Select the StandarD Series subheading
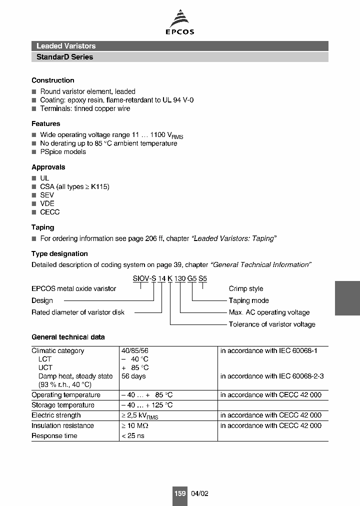(65, 57)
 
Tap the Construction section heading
(53, 80)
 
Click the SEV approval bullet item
(47, 195)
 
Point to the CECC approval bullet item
(50, 212)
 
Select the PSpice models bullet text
(63, 152)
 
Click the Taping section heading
(42, 227)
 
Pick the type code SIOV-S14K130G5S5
(170, 279)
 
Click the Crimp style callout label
(246, 288)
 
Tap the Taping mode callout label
(248, 300)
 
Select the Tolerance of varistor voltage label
(272, 324)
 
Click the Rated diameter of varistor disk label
(78, 312)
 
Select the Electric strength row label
(56, 415)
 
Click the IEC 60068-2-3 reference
(272, 376)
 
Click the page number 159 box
(180, 493)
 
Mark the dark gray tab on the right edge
(347, 297)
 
